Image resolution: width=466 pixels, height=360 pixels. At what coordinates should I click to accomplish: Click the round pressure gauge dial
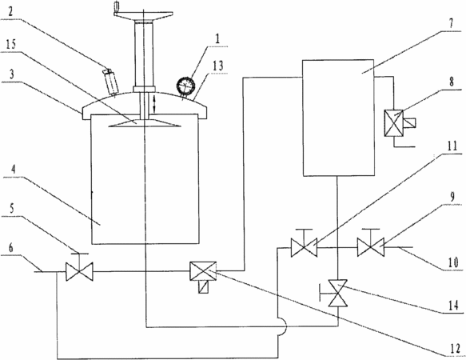pyautogui.click(x=185, y=86)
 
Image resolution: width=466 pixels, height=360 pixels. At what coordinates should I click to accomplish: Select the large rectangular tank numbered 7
pyautogui.click(x=338, y=118)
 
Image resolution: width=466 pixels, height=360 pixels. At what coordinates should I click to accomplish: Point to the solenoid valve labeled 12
pyautogui.click(x=203, y=277)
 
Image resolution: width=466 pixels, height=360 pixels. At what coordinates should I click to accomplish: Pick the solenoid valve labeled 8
pyautogui.click(x=397, y=123)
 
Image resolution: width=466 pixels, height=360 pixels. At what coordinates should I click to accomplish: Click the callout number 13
pyautogui.click(x=218, y=66)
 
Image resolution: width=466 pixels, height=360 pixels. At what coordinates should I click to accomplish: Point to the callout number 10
pyautogui.click(x=453, y=262)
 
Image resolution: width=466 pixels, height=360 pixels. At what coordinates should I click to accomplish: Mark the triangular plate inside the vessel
pyautogui.click(x=145, y=123)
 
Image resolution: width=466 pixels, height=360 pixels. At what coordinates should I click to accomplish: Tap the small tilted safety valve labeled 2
pyautogui.click(x=110, y=82)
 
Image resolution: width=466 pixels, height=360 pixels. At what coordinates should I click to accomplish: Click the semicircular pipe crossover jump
pyautogui.click(x=282, y=326)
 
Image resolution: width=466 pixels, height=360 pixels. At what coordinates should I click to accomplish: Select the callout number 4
pyautogui.click(x=14, y=170)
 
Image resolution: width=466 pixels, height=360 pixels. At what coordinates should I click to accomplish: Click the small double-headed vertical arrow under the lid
pyautogui.click(x=154, y=104)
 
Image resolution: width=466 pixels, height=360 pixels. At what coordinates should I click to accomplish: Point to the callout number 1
pyautogui.click(x=218, y=39)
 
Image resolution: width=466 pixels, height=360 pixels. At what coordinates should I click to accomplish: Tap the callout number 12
pyautogui.click(x=455, y=349)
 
